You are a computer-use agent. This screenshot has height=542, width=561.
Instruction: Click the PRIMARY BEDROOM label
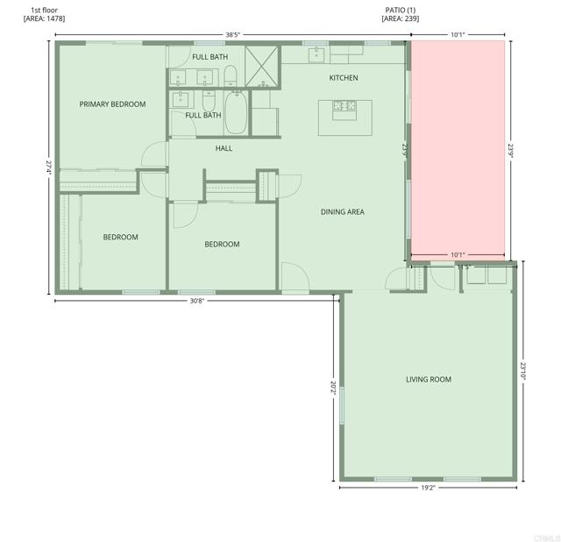112,104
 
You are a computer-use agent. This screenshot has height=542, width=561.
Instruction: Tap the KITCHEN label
344,78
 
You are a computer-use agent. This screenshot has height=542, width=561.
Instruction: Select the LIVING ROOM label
429,379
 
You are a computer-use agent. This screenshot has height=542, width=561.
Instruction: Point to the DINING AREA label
342,211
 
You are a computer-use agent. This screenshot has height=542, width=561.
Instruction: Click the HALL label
224,148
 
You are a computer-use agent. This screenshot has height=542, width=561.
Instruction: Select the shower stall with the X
262,66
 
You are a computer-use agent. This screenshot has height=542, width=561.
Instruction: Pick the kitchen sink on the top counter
316,55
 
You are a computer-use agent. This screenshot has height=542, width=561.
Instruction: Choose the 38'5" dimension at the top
232,35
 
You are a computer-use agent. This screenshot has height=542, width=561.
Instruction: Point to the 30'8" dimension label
199,302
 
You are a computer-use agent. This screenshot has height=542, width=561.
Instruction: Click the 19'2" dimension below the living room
428,488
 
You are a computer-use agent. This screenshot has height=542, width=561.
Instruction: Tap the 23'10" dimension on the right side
523,370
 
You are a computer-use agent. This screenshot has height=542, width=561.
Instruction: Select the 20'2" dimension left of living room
333,386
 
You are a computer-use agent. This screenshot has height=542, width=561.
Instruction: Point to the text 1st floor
44,10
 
